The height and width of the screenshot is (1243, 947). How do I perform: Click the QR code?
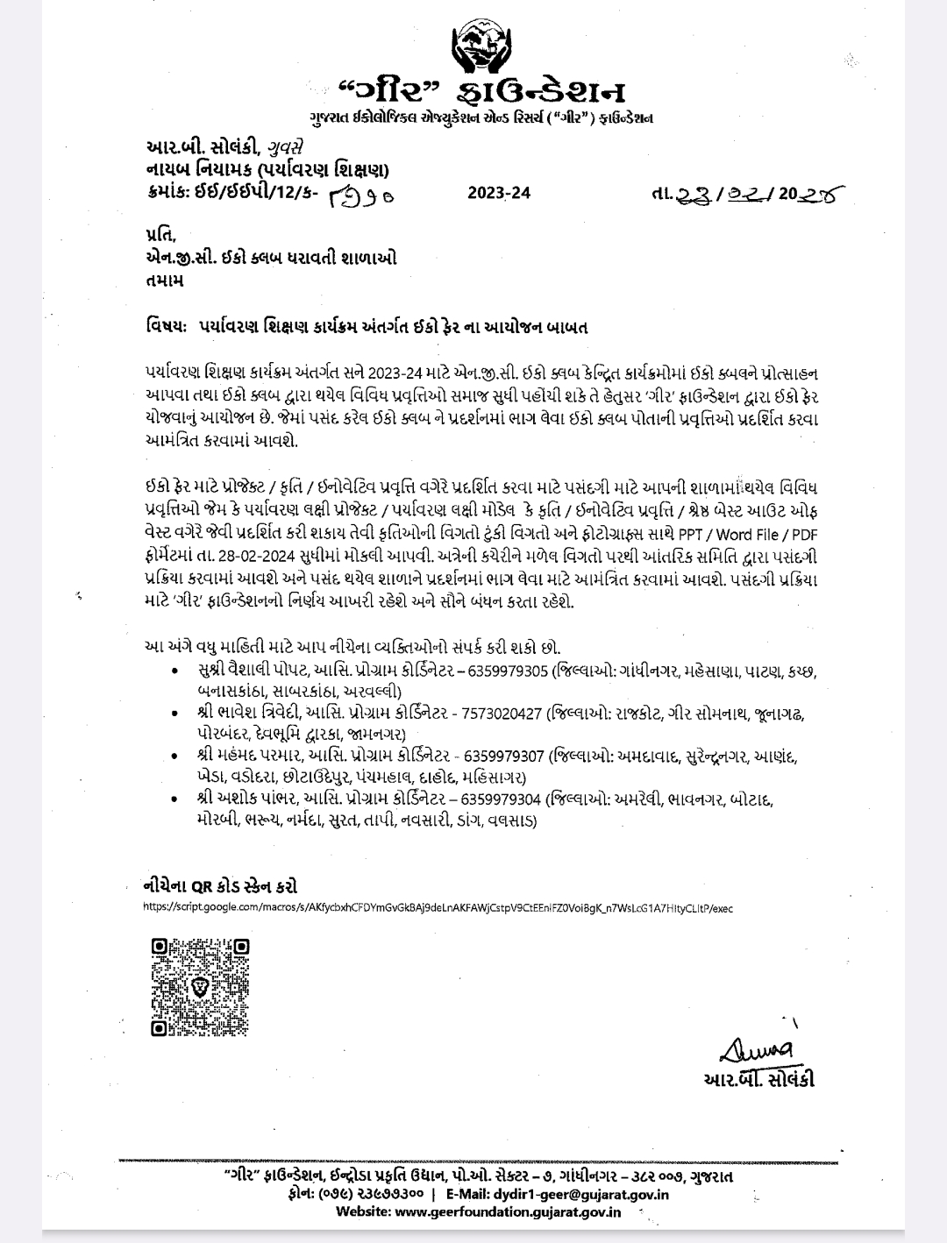click(x=200, y=987)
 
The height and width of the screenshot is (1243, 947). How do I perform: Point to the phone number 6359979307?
click(x=503, y=756)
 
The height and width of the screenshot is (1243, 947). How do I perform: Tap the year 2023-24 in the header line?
click(x=499, y=194)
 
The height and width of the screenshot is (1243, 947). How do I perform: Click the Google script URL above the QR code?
click(x=438, y=908)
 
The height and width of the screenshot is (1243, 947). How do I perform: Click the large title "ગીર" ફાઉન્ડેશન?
click(x=481, y=91)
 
